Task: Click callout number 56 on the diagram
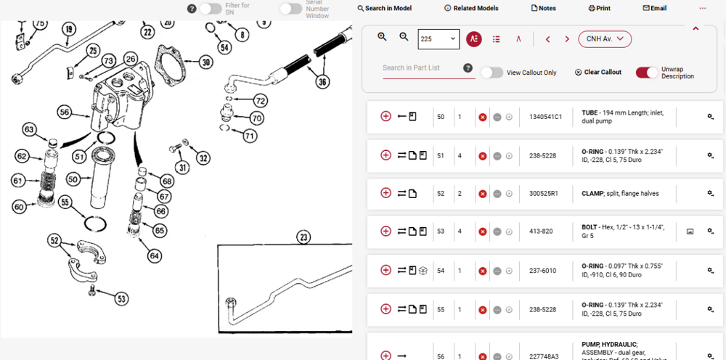(64, 112)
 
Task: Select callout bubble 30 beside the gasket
(205, 62)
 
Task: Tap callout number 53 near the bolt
(121, 299)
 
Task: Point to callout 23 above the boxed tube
(303, 238)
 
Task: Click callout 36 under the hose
(322, 82)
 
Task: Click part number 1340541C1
(545, 117)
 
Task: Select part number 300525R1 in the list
(544, 193)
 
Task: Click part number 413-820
(541, 232)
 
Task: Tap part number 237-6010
(542, 271)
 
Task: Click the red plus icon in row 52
(386, 193)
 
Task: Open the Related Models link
(471, 8)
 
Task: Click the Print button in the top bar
(599, 8)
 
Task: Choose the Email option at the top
(655, 8)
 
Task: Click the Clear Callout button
(598, 72)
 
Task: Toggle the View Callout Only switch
(492, 73)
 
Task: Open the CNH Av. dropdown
(605, 39)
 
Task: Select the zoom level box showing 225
(439, 39)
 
